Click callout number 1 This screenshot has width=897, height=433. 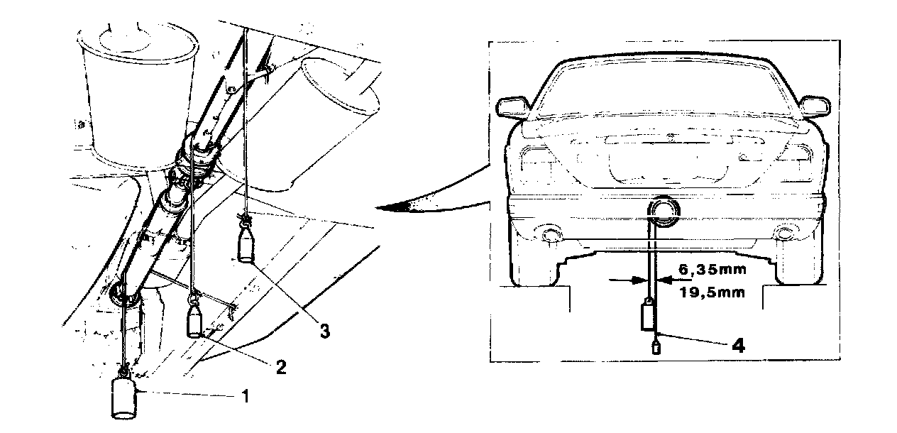point(246,396)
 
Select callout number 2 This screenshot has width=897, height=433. point(281,367)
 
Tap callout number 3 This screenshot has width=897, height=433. point(325,331)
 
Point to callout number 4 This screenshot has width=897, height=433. point(738,345)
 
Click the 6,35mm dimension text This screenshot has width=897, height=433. point(712,270)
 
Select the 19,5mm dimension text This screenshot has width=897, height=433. point(712,292)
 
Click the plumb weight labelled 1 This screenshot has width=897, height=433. point(123,398)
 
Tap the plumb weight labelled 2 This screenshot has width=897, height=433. point(195,320)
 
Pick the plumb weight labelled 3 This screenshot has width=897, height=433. point(246,248)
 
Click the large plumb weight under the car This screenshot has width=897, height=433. point(649,317)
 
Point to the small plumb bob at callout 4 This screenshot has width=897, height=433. point(656,347)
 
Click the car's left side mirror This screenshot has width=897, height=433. point(512,107)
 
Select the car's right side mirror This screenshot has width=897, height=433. point(815,107)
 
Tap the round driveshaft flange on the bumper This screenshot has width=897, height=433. point(664,212)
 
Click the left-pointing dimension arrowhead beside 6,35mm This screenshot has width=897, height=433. point(665,280)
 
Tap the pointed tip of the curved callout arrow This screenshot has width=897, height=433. point(376,207)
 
